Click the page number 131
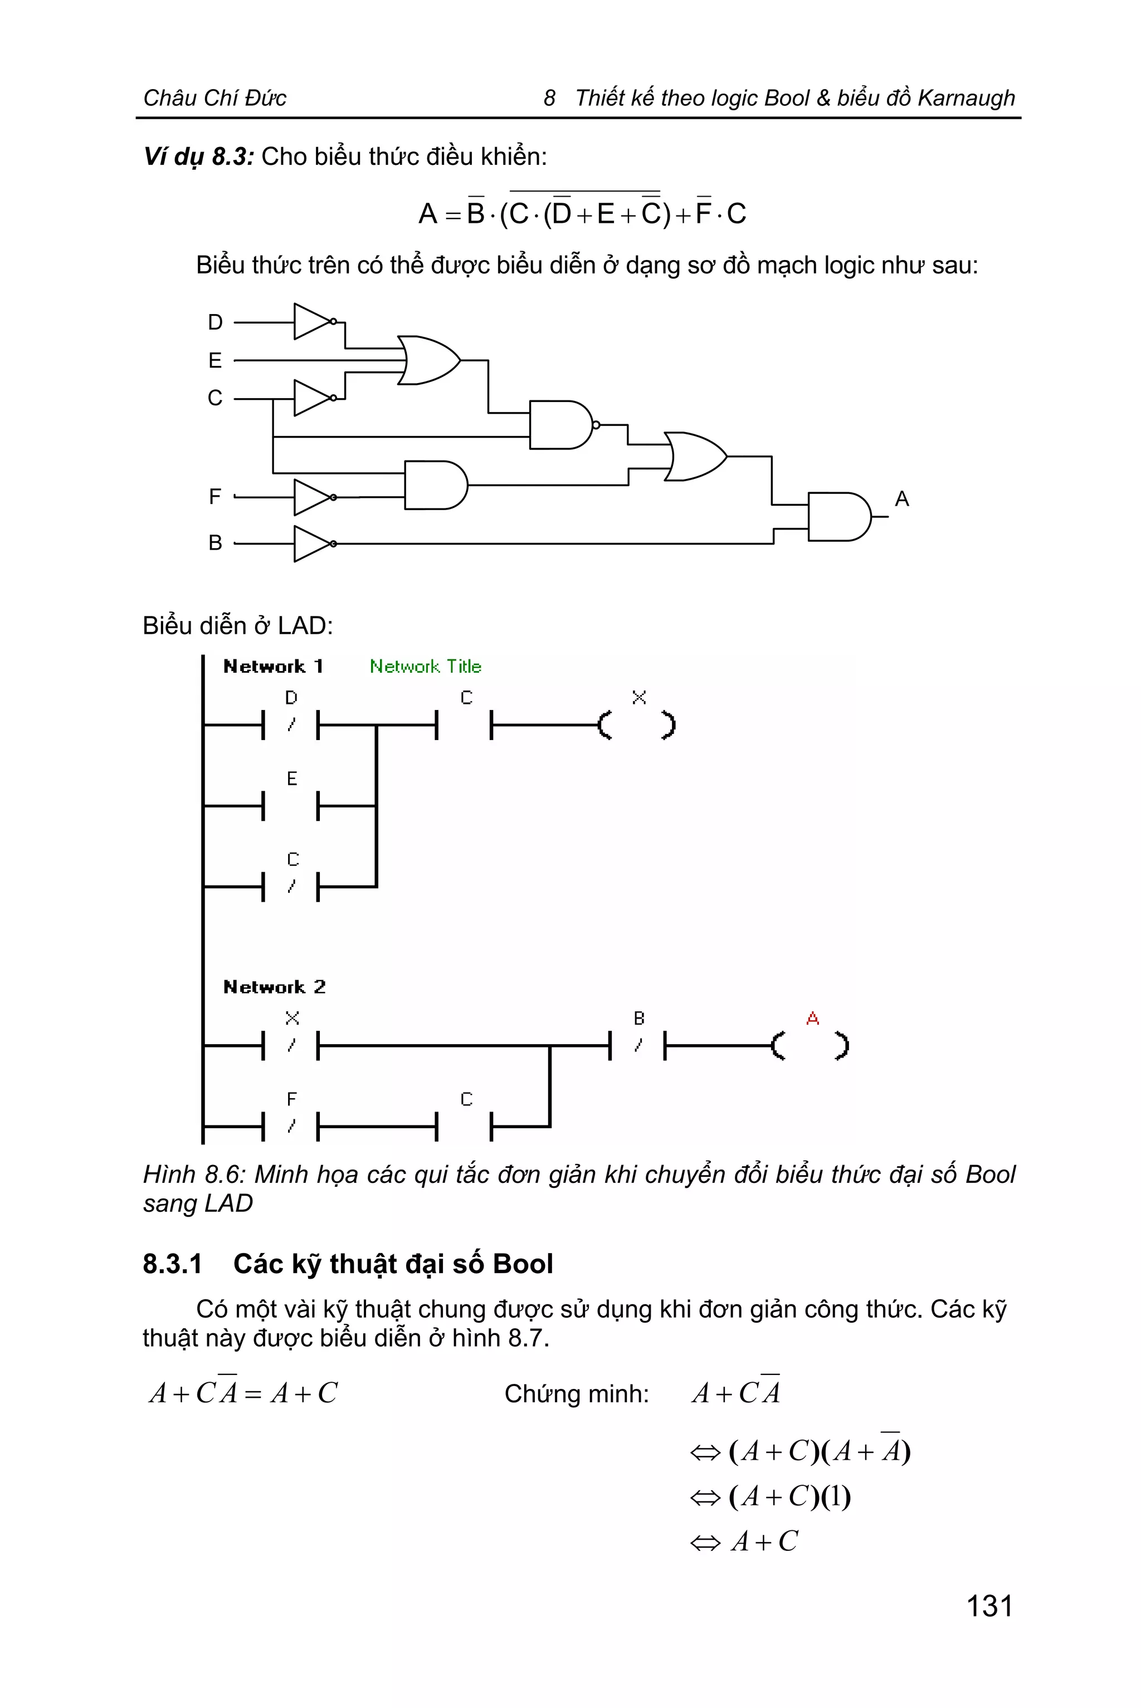click(989, 1606)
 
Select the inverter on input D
click(314, 321)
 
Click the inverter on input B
click(314, 544)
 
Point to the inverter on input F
click(314, 497)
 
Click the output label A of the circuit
click(901, 499)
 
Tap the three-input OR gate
click(428, 360)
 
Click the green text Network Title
click(425, 666)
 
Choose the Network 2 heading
click(274, 987)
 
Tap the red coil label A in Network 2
click(812, 1019)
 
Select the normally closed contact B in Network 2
click(637, 1045)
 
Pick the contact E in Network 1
click(291, 805)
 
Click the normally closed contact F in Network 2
click(291, 1126)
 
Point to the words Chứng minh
click(576, 1394)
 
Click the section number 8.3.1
click(173, 1264)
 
